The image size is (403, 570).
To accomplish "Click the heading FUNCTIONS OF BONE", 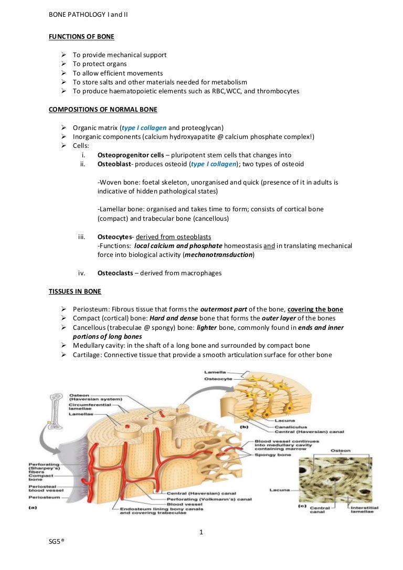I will click(x=81, y=37).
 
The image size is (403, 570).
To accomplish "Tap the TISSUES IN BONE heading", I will click(x=75, y=291).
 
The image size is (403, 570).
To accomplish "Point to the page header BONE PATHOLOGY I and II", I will click(x=88, y=15).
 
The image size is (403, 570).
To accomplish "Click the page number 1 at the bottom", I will click(x=201, y=533).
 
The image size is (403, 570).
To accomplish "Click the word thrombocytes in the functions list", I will click(x=281, y=91).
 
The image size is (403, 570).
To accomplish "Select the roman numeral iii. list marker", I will click(x=82, y=236).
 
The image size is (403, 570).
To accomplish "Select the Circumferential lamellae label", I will click(x=87, y=407).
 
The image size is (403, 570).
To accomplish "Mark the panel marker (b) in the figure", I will click(x=243, y=427).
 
